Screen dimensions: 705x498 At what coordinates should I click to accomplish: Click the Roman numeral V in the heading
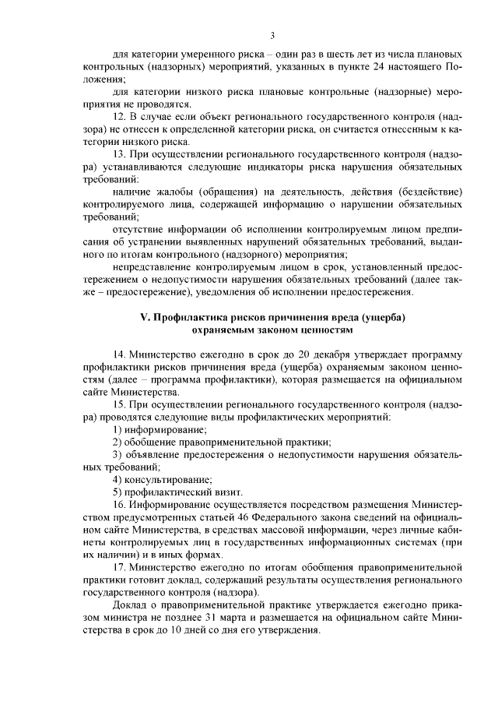point(144,317)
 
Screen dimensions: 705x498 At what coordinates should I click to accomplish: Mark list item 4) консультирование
point(162,480)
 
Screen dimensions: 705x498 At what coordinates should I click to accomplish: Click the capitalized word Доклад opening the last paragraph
point(131,605)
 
